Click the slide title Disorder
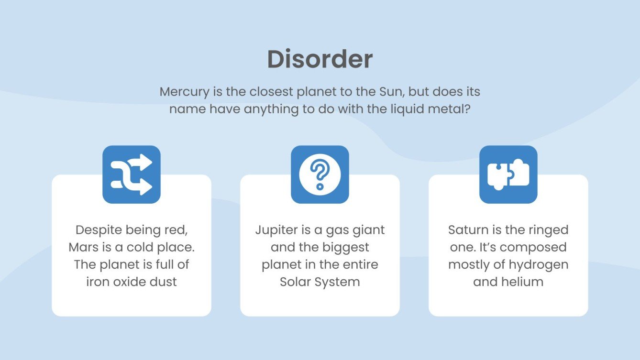tap(320, 60)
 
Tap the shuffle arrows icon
tap(132, 175)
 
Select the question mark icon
tap(320, 174)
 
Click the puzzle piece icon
tap(508, 175)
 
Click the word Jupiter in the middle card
tap(276, 230)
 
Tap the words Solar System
tap(320, 282)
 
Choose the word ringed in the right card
tap(548, 230)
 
